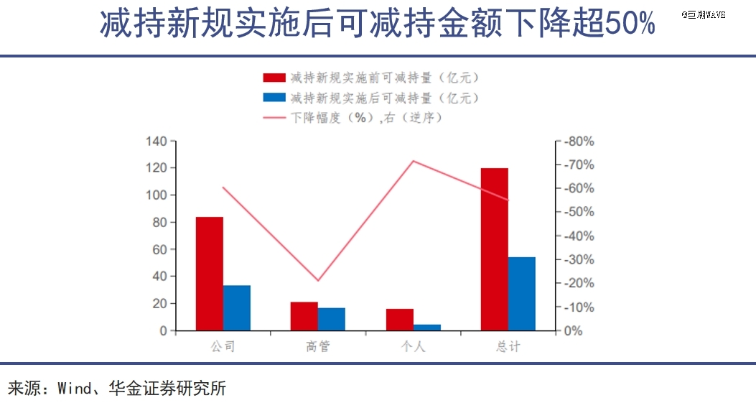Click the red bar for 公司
click(x=210, y=274)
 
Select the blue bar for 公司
click(x=237, y=308)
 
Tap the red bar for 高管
click(x=304, y=317)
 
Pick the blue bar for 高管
click(x=332, y=320)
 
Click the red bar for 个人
click(x=400, y=320)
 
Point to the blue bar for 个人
click(x=427, y=328)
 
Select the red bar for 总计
click(x=495, y=249)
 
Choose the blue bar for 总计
click(x=522, y=294)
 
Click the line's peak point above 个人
click(x=413, y=161)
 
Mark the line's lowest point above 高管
click(x=318, y=280)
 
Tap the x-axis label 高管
click(x=318, y=346)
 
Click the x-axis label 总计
click(x=508, y=346)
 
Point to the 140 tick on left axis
click(x=157, y=141)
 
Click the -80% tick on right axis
click(x=579, y=142)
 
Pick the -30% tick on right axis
click(x=579, y=259)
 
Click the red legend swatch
click(x=274, y=78)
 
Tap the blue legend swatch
click(x=274, y=98)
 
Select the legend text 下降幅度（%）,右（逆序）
click(x=365, y=117)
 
